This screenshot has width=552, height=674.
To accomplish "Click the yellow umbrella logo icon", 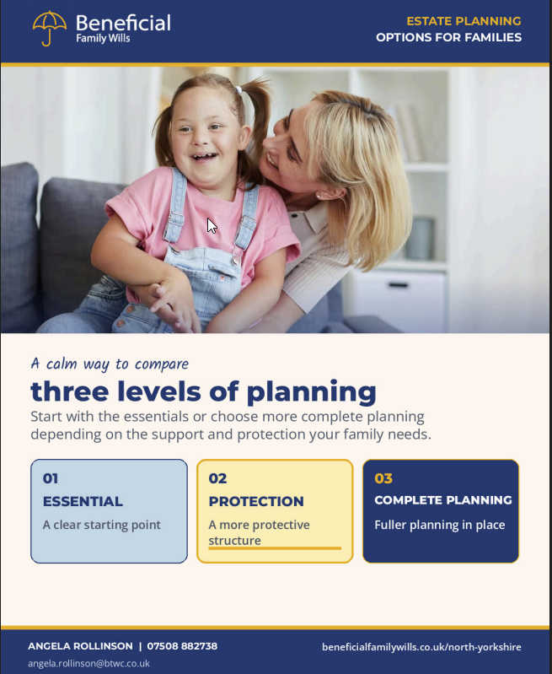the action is click(49, 28).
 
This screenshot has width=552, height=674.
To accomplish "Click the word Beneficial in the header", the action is click(123, 24).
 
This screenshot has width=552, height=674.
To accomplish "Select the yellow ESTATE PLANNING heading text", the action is click(464, 21).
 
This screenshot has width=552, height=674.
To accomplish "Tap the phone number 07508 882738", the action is click(182, 646).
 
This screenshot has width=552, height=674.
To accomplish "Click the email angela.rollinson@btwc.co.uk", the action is click(89, 663).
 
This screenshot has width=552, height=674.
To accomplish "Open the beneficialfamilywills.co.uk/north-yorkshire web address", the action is click(421, 647).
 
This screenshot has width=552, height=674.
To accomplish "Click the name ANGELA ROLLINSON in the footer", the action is click(80, 646).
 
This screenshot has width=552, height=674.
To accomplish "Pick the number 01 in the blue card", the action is click(51, 478).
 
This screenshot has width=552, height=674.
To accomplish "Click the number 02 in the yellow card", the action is click(217, 478).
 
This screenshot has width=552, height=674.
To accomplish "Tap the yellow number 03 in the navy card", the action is click(383, 478).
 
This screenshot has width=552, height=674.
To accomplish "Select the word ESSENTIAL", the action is click(83, 501).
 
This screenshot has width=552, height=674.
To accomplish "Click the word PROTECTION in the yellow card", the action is click(256, 501).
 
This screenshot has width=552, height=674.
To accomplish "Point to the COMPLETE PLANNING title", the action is click(443, 500).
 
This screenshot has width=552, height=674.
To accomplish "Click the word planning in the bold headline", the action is click(312, 392).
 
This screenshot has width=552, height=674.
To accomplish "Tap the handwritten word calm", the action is click(62, 364).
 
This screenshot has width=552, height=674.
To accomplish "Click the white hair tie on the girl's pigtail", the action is click(238, 89).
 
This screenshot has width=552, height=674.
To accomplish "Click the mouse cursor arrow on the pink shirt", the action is click(212, 226).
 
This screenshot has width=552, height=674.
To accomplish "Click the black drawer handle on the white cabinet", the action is click(398, 285).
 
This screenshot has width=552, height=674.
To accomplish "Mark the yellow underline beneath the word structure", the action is click(275, 548).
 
